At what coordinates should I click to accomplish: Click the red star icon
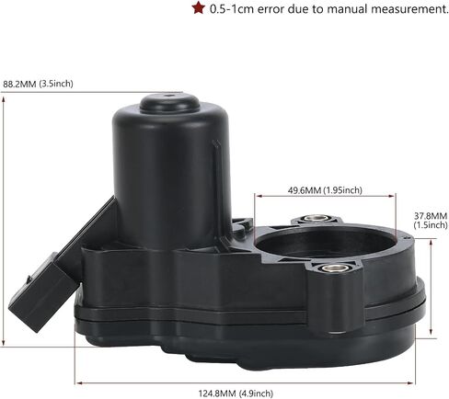(199, 8)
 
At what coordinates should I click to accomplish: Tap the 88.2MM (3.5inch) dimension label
(38, 84)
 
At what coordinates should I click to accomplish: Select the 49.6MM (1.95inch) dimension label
(325, 190)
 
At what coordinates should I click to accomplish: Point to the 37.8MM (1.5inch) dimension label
(431, 221)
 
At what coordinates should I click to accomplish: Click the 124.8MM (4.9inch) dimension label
(236, 393)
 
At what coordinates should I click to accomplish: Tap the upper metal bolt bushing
(316, 219)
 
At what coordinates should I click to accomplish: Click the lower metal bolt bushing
(336, 268)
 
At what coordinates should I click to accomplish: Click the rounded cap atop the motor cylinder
(169, 103)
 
